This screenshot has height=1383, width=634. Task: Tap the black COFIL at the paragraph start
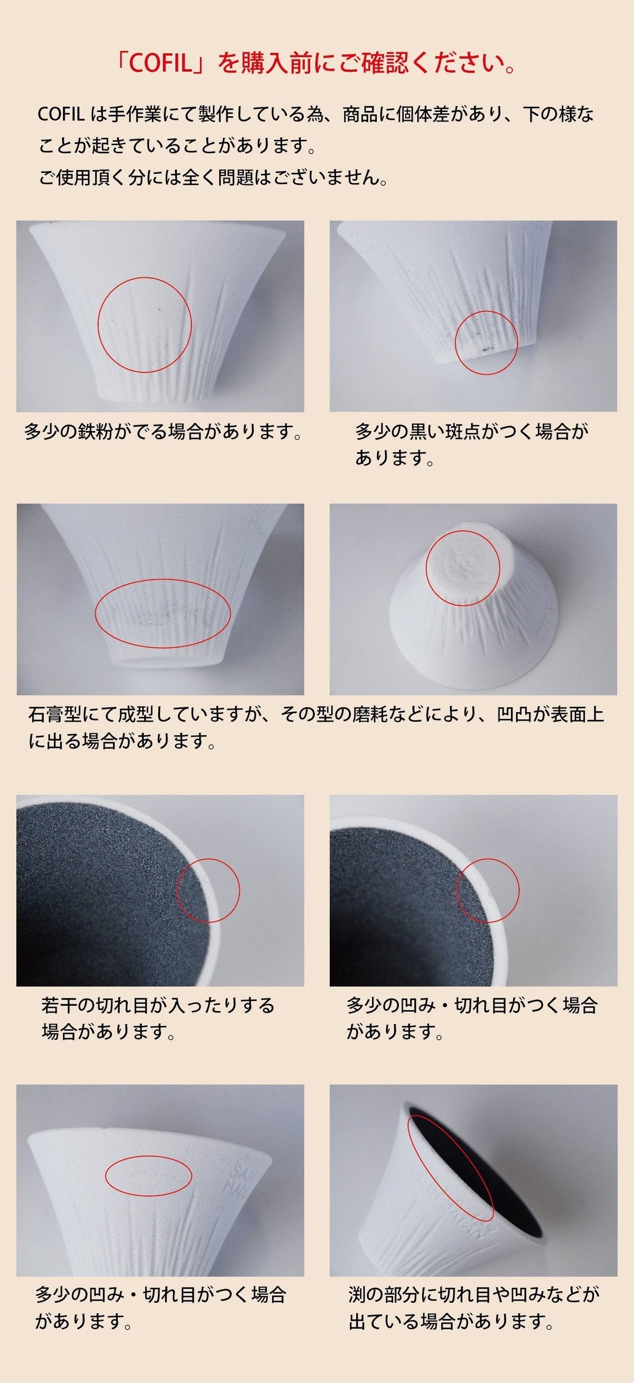59,115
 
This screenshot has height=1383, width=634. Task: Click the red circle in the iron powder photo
144,325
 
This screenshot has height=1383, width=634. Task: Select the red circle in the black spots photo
487,343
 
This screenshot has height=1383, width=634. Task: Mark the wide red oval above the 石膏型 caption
163,614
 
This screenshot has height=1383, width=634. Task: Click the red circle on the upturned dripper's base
463,568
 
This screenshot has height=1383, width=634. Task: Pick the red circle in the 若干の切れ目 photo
208,890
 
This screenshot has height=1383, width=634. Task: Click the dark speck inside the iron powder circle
160,310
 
